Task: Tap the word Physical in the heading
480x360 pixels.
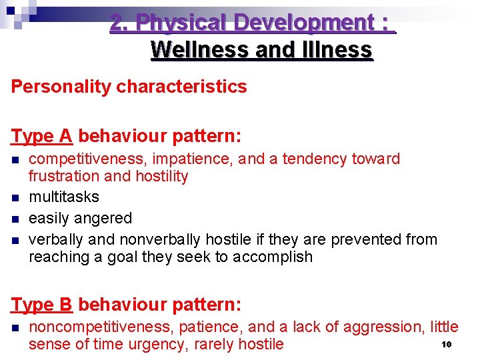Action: (x=177, y=23)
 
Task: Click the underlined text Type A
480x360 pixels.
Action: (x=41, y=136)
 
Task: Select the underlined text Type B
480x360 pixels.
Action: (x=41, y=305)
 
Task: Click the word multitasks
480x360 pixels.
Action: (x=64, y=197)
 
